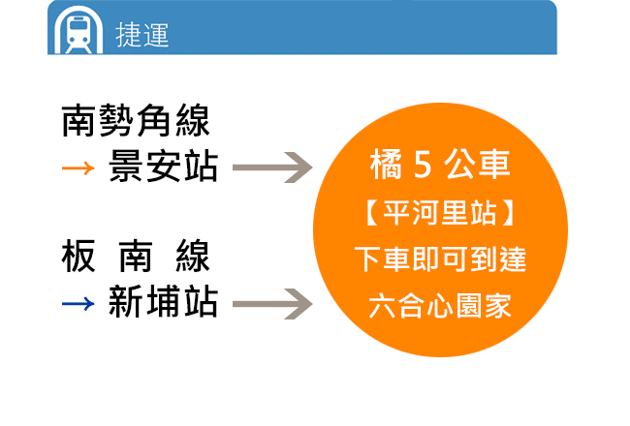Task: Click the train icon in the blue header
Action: pos(79,31)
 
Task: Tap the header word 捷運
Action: pos(142,35)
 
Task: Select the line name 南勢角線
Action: pos(136,120)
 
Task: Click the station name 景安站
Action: pos(163,166)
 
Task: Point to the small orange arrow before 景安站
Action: pos(78,167)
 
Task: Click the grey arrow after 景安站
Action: pos(272,167)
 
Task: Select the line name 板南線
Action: pos(136,257)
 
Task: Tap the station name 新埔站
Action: pos(163,301)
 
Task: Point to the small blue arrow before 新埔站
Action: pos(78,304)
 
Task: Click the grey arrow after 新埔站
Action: pos(272,304)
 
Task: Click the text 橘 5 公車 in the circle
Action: pos(440,164)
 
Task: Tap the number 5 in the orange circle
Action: pos(423,164)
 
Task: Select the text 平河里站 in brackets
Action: pos(440,212)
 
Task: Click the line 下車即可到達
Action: pos(440,259)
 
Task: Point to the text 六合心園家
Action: pos(440,306)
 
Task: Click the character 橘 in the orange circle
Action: pos(386,164)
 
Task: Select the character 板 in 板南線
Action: pos(79,257)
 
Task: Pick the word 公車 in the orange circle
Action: pos(477,164)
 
